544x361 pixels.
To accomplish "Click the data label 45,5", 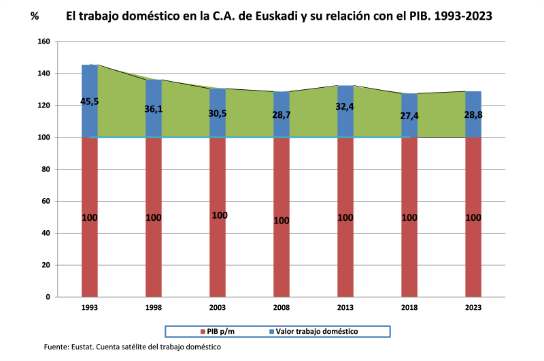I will click(90, 101).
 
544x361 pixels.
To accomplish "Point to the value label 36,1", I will click(154, 108).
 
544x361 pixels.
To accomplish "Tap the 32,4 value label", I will click(345, 106).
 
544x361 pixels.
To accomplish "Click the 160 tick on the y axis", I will click(44, 42).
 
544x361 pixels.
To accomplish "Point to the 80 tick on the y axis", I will click(46, 170).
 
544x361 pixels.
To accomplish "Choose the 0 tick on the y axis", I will click(48, 297).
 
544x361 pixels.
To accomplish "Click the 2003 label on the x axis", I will click(218, 308).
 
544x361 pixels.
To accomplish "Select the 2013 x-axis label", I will click(345, 308).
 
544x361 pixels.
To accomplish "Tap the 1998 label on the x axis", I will click(154, 308).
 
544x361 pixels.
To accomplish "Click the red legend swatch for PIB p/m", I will click(202, 332).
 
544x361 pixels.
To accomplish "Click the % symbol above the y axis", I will click(35, 15).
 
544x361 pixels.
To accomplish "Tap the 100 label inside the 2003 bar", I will click(219, 215).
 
